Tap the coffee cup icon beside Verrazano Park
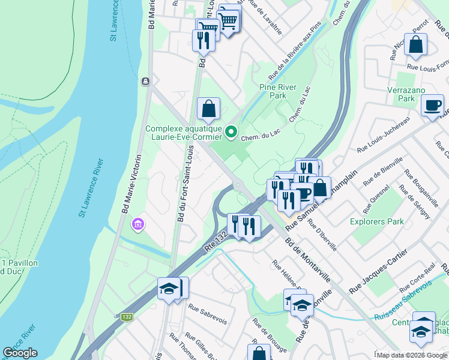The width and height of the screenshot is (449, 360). pyautogui.click(x=432, y=107)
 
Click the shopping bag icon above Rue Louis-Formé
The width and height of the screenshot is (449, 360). pyautogui.click(x=415, y=44)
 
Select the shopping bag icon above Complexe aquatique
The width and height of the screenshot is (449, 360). pyautogui.click(x=208, y=109)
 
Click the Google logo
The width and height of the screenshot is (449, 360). pyautogui.click(x=20, y=353)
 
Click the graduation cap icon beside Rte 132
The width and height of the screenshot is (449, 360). pyautogui.click(x=169, y=289)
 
